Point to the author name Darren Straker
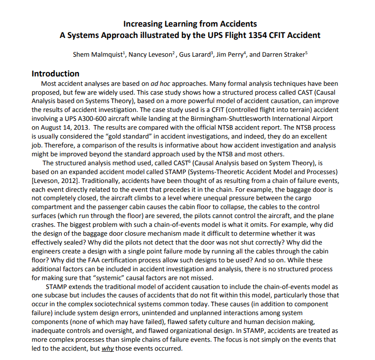pyautogui.click(x=283, y=54)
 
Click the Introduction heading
pyautogui.click(x=55, y=73)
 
